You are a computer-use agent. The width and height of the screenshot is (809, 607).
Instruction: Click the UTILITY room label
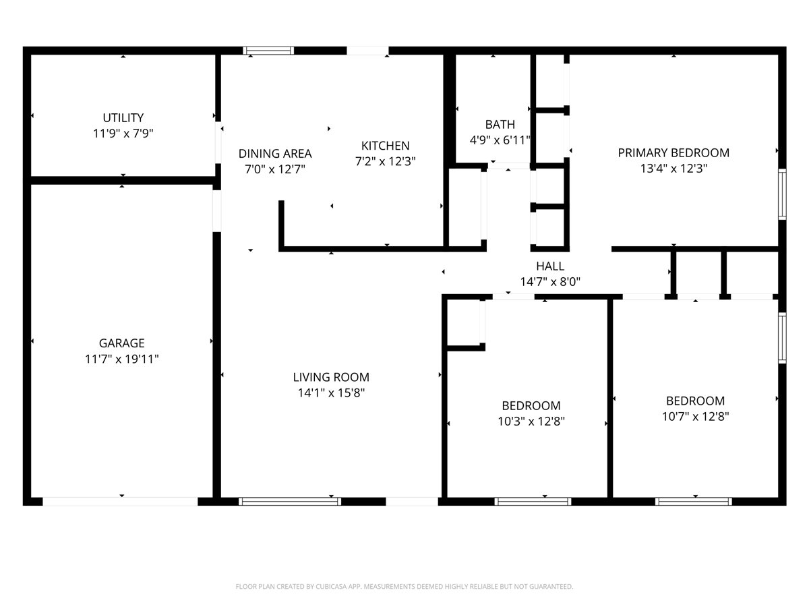pos(123,118)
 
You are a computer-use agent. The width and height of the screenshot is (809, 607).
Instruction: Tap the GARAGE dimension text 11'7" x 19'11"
pos(121,359)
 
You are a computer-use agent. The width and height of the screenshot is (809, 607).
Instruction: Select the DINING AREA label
pos(275,154)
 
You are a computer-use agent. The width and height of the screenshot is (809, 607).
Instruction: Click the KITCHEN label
pos(385,146)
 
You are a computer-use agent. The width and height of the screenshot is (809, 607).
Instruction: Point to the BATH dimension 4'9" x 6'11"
pos(500,140)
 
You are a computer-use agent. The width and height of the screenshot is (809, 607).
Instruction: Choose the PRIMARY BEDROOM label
pos(673,152)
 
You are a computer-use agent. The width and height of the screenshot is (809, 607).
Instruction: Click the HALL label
pos(550,266)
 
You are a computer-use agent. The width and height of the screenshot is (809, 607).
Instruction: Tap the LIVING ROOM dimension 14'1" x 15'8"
pos(330,393)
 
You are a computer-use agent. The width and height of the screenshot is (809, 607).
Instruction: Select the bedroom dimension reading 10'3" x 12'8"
pos(531,422)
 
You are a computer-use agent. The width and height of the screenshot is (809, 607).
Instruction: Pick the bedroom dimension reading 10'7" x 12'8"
pos(695,416)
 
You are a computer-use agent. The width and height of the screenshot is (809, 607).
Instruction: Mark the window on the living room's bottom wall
pos(290,501)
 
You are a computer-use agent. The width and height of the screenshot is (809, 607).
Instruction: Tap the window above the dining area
pos(268,51)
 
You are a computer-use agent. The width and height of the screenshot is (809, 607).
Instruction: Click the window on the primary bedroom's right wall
pos(782,194)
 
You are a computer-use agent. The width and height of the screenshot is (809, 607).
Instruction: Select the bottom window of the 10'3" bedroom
pos(533,501)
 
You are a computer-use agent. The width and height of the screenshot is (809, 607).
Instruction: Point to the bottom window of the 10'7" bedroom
pos(694,501)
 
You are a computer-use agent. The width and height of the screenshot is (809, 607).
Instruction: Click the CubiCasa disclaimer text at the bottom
pos(404,587)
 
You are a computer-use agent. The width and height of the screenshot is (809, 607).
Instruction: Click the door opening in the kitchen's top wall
pos(368,51)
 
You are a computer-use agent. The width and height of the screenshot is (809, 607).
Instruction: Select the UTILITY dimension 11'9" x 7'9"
pos(123,134)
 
